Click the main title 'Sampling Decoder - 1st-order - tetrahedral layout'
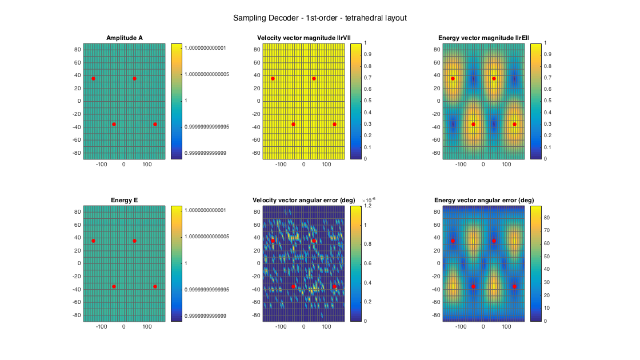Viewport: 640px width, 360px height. pyautogui.click(x=319, y=18)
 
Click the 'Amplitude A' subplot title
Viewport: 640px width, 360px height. pyautogui.click(x=125, y=38)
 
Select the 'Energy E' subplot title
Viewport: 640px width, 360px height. pyautogui.click(x=125, y=200)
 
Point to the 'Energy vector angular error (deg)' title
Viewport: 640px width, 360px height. pyautogui.click(x=484, y=200)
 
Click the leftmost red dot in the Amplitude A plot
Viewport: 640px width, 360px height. pyautogui.click(x=93, y=78)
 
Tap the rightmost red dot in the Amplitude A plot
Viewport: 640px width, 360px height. pyautogui.click(x=155, y=124)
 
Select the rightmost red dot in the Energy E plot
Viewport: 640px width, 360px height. pyautogui.click(x=155, y=286)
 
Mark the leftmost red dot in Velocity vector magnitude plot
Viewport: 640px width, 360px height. pyautogui.click(x=273, y=78)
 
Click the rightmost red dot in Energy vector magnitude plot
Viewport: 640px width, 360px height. pyautogui.click(x=514, y=124)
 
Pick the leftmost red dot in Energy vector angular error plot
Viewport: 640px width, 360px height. pyautogui.click(x=453, y=241)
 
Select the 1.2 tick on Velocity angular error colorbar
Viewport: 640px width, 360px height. pyautogui.click(x=370, y=206)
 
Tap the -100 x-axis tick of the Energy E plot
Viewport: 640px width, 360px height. pyautogui.click(x=102, y=327)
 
